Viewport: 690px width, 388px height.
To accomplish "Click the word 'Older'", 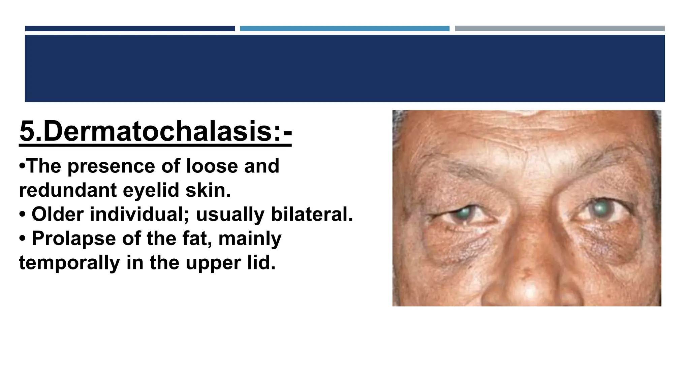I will coord(58,214).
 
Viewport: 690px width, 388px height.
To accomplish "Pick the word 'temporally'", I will coord(69,263).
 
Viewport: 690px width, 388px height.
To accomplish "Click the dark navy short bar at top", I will coord(130,29).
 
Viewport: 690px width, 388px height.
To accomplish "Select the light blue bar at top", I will coord(344,29).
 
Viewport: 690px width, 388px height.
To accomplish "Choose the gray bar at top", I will coord(560,29).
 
